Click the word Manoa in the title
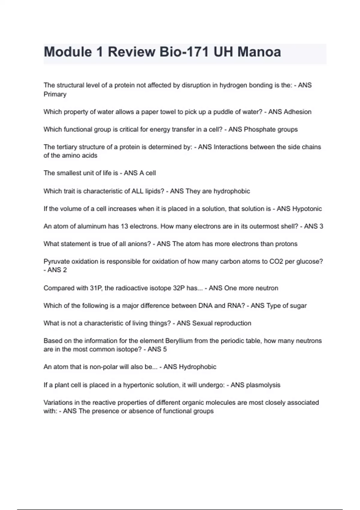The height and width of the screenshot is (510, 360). point(259,52)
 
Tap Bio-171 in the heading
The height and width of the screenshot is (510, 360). point(184,52)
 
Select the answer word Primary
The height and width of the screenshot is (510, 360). point(55,94)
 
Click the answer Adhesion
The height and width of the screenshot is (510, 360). point(298,112)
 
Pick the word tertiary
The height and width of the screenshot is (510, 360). point(64,147)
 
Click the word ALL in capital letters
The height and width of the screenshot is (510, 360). point(137,191)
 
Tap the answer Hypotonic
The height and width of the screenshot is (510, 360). point(307,209)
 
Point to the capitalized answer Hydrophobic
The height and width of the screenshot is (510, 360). point(197,367)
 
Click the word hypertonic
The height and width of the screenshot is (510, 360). point(138,385)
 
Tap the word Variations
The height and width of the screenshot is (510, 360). point(58,402)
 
